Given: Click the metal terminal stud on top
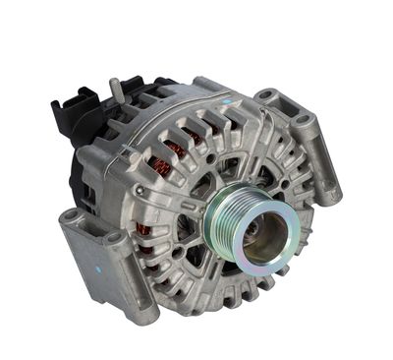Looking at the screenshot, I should tap(116, 88).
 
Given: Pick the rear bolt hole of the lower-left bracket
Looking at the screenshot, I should tap(72, 216).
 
